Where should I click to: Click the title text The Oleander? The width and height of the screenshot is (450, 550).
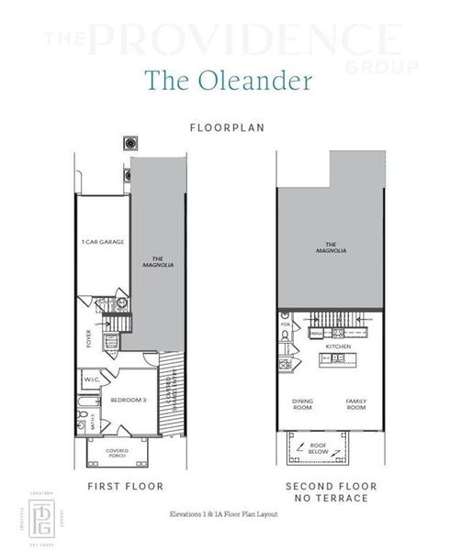(224, 80)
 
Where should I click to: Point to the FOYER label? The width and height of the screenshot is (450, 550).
(89, 337)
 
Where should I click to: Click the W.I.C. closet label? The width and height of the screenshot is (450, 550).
(93, 378)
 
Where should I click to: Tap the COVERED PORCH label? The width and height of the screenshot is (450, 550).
(117, 451)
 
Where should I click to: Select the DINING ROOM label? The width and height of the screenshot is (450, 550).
(303, 403)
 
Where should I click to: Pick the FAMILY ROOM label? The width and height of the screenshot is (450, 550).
(356, 403)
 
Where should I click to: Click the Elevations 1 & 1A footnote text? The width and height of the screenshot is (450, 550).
(225, 514)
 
